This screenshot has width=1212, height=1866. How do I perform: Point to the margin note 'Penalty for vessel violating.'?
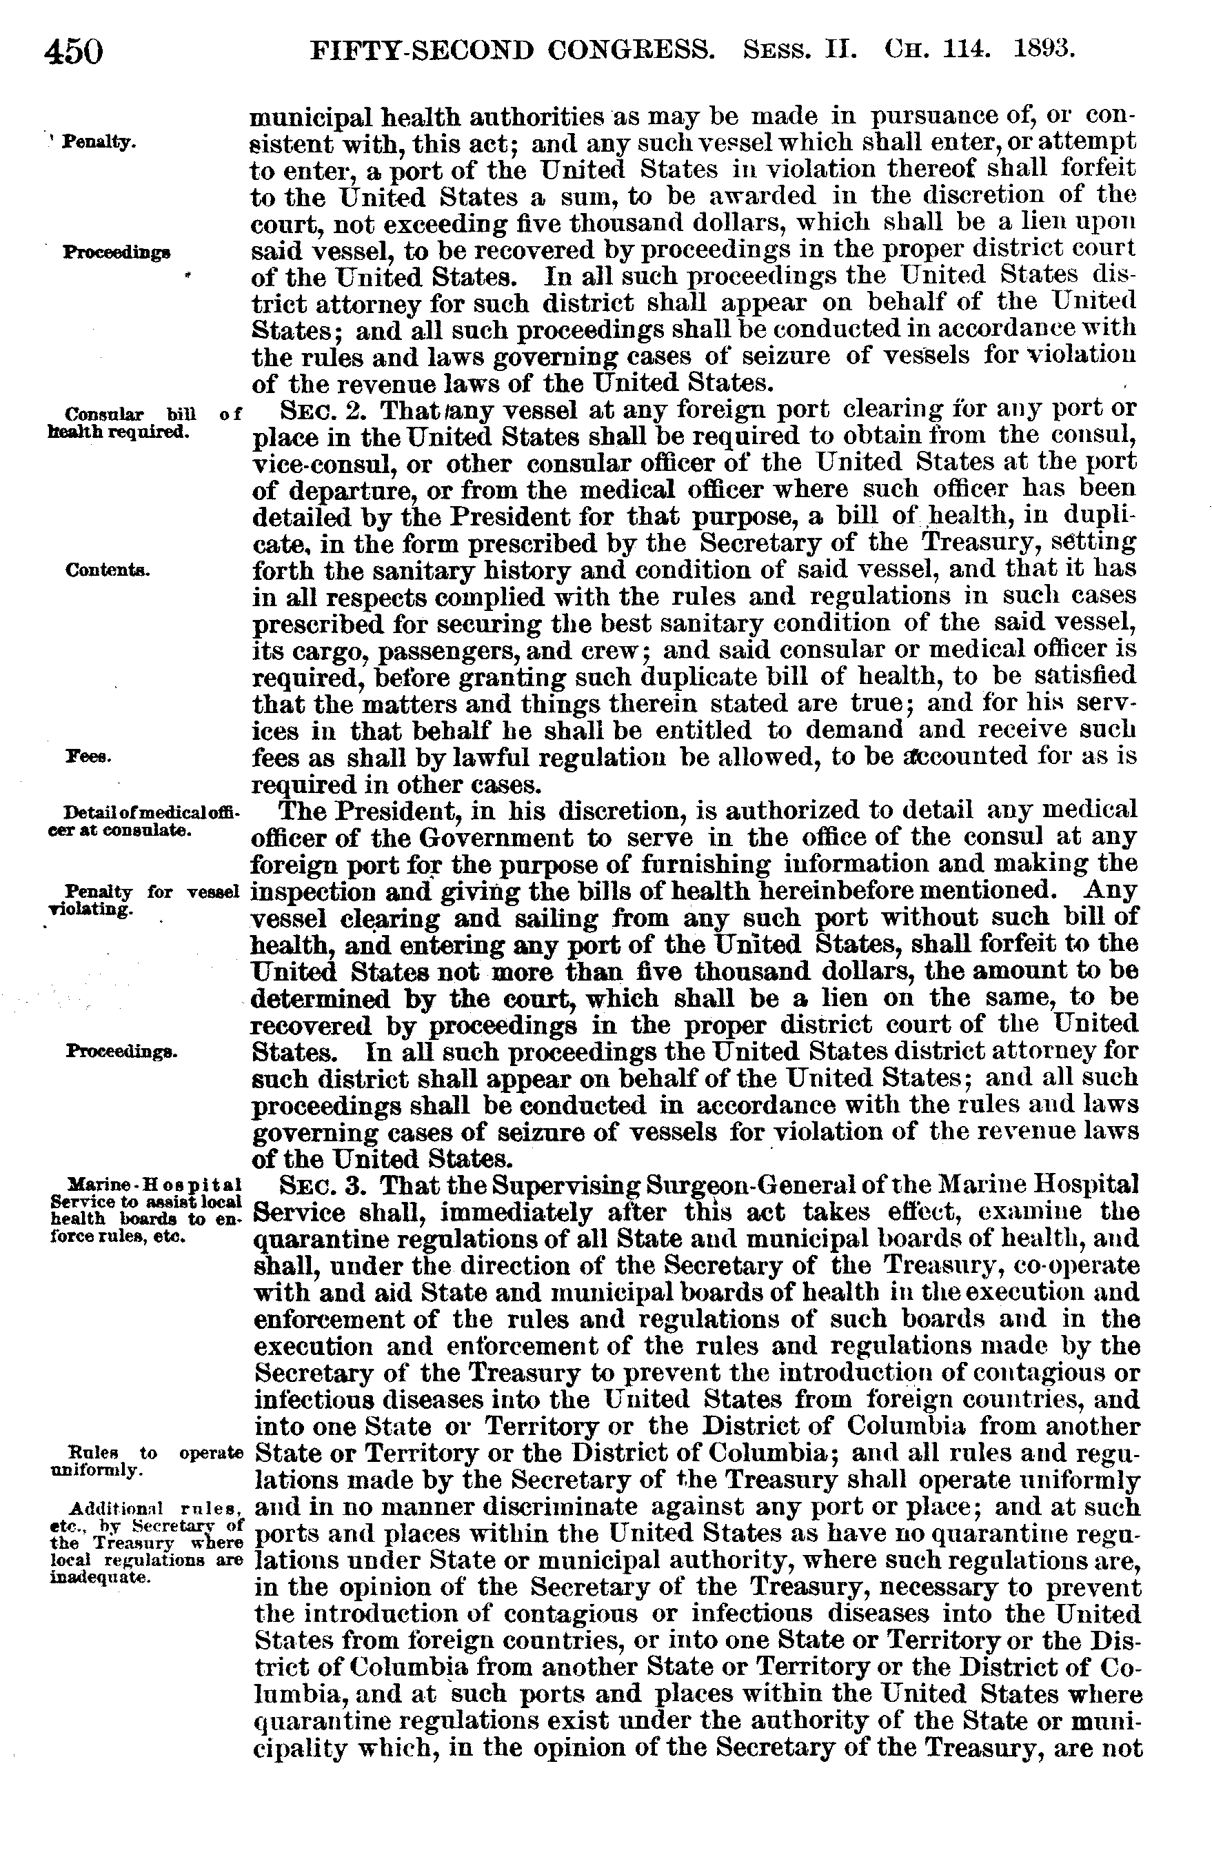click(x=145, y=899)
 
